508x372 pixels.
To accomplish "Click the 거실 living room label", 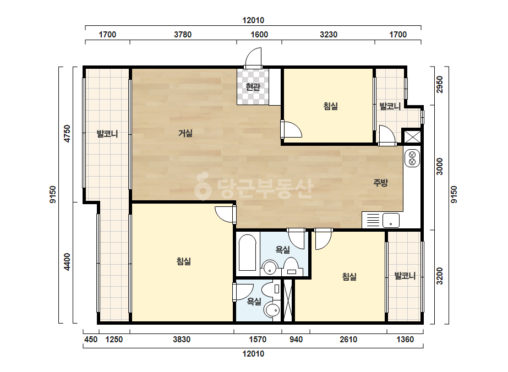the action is (185, 133).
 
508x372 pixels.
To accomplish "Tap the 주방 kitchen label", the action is (380, 183).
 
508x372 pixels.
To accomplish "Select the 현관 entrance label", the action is (253, 87).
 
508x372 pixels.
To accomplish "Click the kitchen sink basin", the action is (391, 220).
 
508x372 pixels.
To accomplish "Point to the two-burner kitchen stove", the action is (412, 158).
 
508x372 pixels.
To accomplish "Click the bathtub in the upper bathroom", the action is (248, 253).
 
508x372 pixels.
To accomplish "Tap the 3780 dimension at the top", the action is (183, 34).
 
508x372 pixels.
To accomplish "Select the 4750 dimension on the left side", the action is (67, 134).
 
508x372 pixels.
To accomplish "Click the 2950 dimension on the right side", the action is (439, 85).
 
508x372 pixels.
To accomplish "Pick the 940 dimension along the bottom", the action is (296, 340).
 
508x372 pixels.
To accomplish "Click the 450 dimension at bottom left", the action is (91, 340).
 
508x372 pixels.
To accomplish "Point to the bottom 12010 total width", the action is (253, 353).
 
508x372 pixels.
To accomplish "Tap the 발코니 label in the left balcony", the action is (107, 134).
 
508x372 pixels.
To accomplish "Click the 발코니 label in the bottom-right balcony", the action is (405, 276).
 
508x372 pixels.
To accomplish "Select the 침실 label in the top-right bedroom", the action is (330, 106).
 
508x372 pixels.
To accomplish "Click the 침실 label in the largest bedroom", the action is (183, 261).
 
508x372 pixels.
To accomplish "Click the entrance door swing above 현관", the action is (253, 58).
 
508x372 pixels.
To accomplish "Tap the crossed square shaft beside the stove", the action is (412, 136).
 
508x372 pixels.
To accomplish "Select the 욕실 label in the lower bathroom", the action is (254, 302).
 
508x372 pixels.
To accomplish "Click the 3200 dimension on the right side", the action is (439, 276).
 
